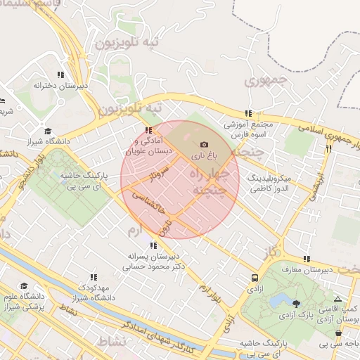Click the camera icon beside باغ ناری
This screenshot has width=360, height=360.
(205, 144)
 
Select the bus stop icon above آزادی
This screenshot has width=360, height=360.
(254, 278)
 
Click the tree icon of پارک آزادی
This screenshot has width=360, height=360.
(296, 304)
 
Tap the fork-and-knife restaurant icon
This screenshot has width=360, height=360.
(328, 149)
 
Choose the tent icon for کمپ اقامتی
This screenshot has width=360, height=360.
(337, 298)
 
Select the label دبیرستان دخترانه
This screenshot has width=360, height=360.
(61, 85)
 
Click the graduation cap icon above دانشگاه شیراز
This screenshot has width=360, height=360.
(48, 131)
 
